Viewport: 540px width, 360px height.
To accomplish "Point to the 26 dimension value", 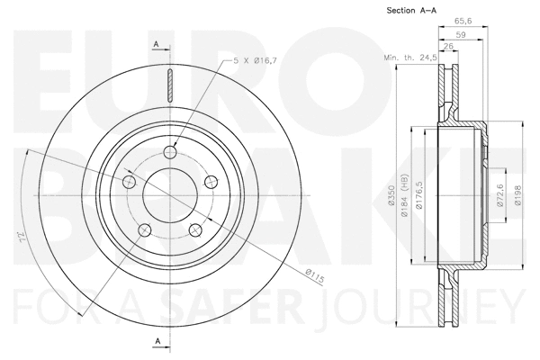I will pyautogui.click(x=448, y=49).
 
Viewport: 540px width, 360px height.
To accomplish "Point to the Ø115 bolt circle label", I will pyautogui.click(x=314, y=275).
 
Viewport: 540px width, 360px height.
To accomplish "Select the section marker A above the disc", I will pyautogui.click(x=156, y=44).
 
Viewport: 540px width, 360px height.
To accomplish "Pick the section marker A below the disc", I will pyautogui.click(x=156, y=340).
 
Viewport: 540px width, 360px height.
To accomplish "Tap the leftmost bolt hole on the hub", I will pyautogui.click(x=129, y=183).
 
